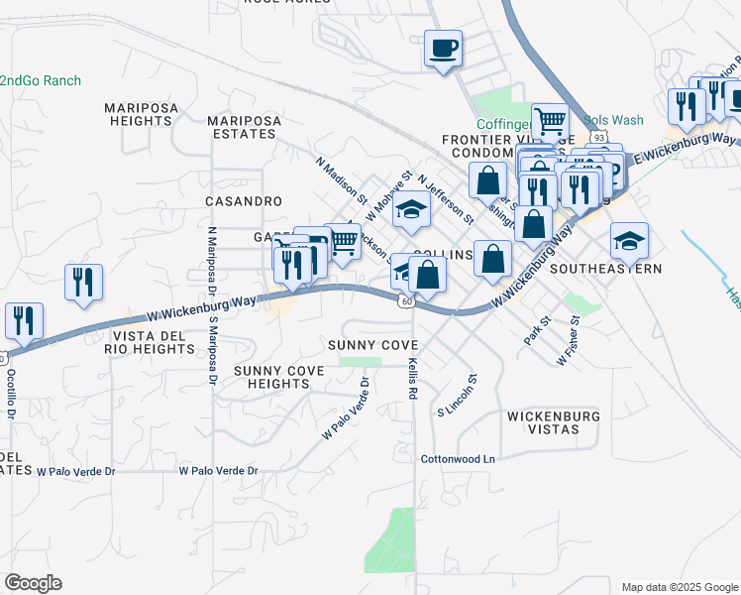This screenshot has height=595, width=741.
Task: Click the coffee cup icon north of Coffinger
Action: click(x=443, y=47)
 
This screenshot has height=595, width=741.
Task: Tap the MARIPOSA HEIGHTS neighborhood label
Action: click(x=140, y=114)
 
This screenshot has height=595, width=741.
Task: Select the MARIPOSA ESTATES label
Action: click(x=244, y=128)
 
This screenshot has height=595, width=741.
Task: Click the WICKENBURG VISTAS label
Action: click(x=553, y=423)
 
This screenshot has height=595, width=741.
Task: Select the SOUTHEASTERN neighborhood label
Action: click(x=605, y=269)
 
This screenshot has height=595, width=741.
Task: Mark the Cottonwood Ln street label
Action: click(x=457, y=459)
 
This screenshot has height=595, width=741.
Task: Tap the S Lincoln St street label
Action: click(x=458, y=395)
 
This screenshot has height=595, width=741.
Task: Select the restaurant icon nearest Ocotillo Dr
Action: click(x=23, y=319)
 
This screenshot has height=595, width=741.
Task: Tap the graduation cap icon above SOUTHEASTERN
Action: click(x=628, y=239)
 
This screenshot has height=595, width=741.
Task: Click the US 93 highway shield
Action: click(x=598, y=136)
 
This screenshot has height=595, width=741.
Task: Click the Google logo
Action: click(x=33, y=583)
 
